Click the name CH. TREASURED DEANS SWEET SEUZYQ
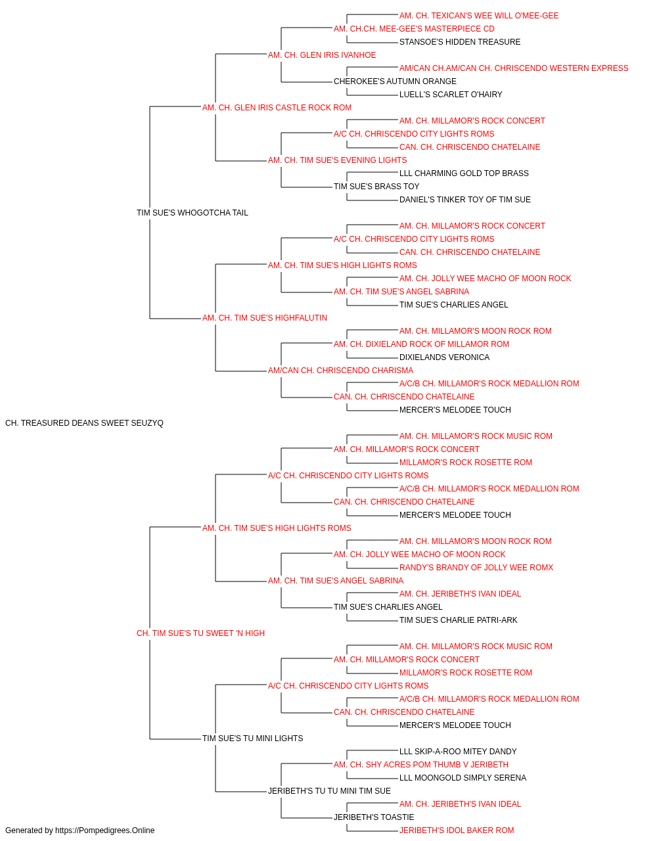(x=84, y=423)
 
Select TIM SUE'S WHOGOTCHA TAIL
(x=193, y=213)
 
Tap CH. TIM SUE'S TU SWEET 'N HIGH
(x=201, y=633)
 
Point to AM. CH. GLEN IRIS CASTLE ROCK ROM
(x=277, y=108)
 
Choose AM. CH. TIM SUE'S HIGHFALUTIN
(x=265, y=318)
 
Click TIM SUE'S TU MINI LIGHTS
(x=253, y=739)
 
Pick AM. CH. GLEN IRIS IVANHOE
(x=322, y=55)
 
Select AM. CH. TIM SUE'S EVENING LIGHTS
(x=338, y=160)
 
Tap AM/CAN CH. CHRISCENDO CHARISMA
(x=341, y=371)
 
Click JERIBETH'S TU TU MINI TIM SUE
(x=330, y=791)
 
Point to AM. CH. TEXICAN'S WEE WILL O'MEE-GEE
(x=479, y=16)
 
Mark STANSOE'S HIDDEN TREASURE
(x=460, y=42)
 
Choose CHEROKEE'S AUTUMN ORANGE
(x=395, y=81)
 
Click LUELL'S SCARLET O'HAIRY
(x=451, y=95)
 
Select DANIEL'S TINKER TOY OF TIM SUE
(x=465, y=200)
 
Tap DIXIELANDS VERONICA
(x=445, y=357)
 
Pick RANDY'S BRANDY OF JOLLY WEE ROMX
(x=476, y=568)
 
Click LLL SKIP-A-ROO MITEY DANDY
(x=458, y=752)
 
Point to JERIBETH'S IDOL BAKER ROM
(x=457, y=830)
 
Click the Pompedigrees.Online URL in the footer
(x=105, y=830)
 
